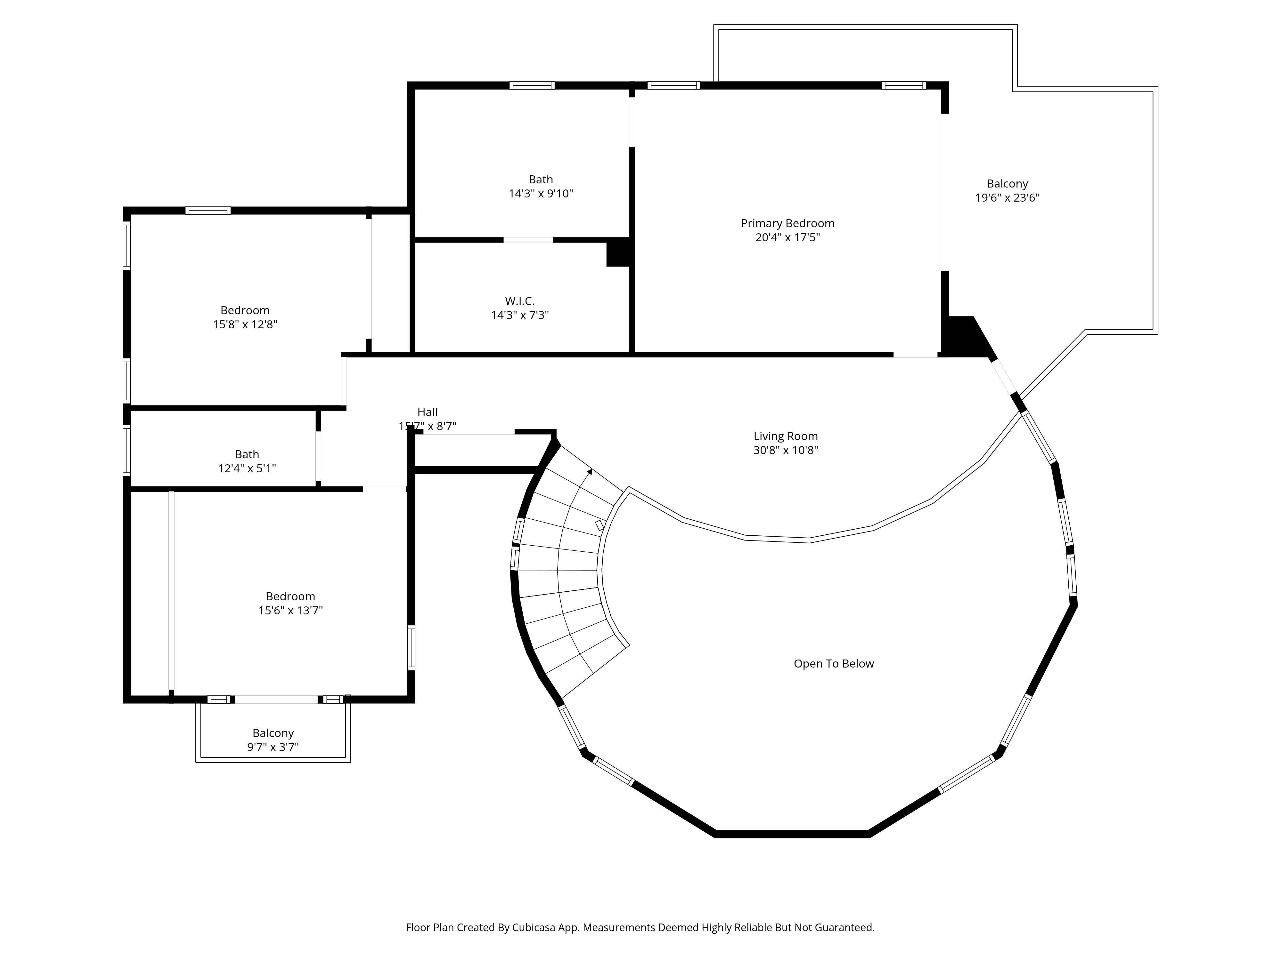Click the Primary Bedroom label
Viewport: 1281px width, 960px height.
tap(787, 223)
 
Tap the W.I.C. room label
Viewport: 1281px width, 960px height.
tap(519, 301)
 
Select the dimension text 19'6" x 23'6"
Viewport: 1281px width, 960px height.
tap(1007, 198)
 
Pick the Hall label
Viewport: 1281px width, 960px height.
tap(428, 412)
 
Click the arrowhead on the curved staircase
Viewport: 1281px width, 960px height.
tap(590, 472)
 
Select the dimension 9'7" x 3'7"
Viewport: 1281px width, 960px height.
tap(273, 747)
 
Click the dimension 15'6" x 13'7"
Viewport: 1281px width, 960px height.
tap(290, 611)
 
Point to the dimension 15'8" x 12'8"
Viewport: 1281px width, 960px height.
tap(245, 324)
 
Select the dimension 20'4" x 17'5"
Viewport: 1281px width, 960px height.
tap(787, 237)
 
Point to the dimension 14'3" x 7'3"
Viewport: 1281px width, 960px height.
tap(519, 316)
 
